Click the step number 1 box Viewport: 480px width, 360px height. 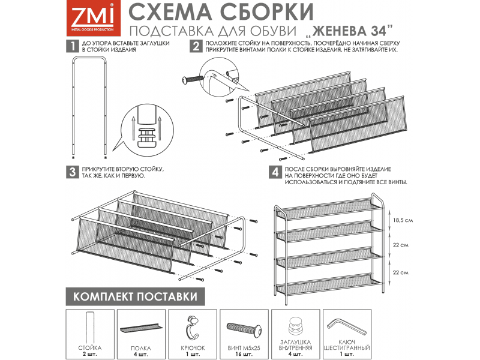71,46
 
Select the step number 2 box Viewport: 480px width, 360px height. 196,46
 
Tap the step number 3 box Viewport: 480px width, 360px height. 71,172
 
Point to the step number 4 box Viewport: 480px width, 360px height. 275,172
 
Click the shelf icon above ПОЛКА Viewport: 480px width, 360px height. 141,328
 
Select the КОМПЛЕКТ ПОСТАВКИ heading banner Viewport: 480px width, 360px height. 134,296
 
